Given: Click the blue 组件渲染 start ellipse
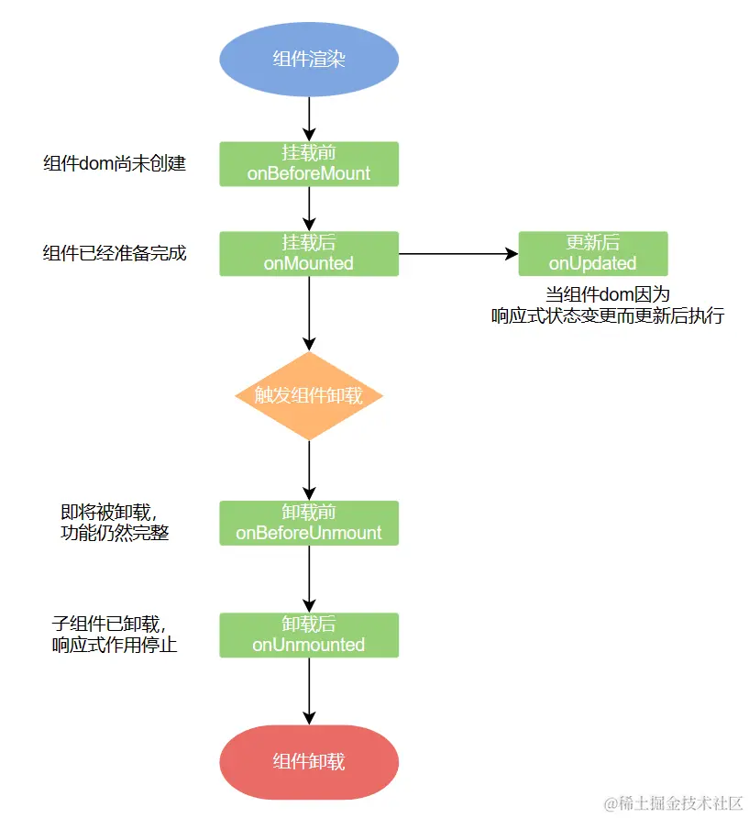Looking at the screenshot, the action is pos(309,59).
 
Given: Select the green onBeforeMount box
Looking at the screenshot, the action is pos(309,164).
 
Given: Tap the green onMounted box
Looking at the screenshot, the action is pos(309,253).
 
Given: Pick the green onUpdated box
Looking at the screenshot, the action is pos(593,253).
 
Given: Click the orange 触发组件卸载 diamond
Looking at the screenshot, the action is pos(309,396).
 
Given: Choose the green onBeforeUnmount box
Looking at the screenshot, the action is pos(309,524).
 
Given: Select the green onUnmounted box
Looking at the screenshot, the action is pos(309,635).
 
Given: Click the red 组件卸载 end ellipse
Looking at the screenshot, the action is pos(309,762).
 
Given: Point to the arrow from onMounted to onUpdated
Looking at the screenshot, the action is pos(458,254).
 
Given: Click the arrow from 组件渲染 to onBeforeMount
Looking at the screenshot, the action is pos(309,119).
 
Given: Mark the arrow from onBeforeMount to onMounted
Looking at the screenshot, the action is pos(309,209).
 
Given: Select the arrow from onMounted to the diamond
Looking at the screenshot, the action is pos(309,314).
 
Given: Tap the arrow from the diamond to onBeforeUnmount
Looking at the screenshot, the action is pos(309,470).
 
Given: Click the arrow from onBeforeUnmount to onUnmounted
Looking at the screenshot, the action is pos(309,579).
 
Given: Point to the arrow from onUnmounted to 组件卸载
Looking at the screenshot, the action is pos(309,691).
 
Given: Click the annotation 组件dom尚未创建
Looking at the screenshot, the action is pos(115,164).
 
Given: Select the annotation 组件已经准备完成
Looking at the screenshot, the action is pos(115,253).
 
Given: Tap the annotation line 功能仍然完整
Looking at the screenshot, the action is pos(115,533).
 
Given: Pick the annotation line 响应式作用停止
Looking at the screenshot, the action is pos(115,646).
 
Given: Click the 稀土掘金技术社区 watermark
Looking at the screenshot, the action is pos(673,803).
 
